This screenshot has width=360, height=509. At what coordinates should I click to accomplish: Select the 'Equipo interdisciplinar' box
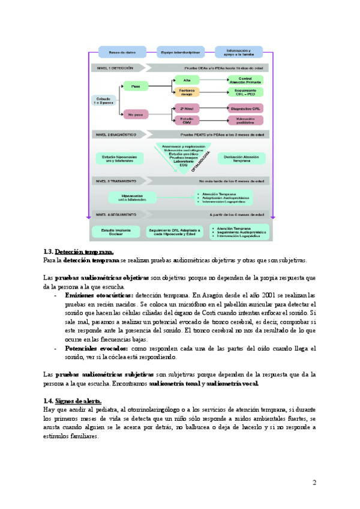pos(176,52)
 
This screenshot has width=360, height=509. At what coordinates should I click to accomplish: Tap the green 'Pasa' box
pos(136,85)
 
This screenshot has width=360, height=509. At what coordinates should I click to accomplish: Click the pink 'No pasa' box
pos(136,113)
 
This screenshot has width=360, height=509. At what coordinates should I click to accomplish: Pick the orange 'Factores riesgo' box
pos(186,91)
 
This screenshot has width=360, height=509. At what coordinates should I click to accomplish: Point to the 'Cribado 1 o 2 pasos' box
pos(103,100)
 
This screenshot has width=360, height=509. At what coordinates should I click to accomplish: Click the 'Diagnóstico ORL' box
pos(245,109)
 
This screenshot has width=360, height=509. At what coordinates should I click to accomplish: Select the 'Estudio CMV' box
pos(186,121)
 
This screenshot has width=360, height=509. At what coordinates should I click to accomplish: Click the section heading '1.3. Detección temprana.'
pos(79,251)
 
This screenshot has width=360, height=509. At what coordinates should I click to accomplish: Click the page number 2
pos(314,483)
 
